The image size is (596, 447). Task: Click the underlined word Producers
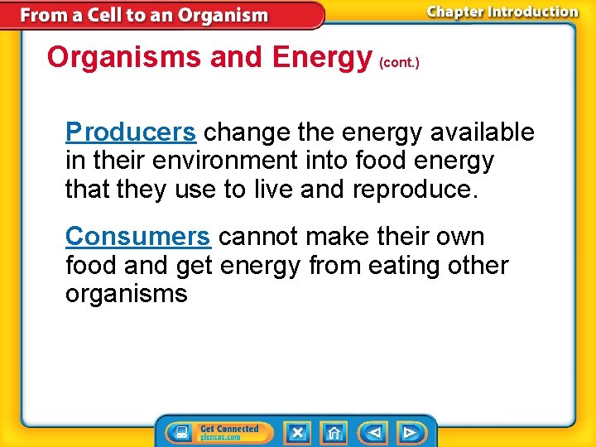pyautogui.click(x=131, y=132)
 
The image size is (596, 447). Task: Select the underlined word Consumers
pyautogui.click(x=137, y=237)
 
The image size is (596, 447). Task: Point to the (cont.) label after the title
pyautogui.click(x=399, y=62)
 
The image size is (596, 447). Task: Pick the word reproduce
pyautogui.click(x=411, y=190)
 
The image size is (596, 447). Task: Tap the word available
pyautogui.click(x=483, y=132)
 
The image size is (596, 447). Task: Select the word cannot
pyautogui.click(x=258, y=237)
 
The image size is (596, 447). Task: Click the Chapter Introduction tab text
pyautogui.click(x=502, y=12)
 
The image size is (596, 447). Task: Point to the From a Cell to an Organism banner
pyautogui.click(x=145, y=15)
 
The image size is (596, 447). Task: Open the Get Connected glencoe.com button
pyautogui.click(x=219, y=433)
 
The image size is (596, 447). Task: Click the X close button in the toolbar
pyautogui.click(x=298, y=433)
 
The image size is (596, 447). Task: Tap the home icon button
pyautogui.click(x=334, y=433)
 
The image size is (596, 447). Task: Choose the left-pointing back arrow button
pyautogui.click(x=374, y=433)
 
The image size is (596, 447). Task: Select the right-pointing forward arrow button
pyautogui.click(x=409, y=433)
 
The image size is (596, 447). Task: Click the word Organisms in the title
pyautogui.click(x=124, y=57)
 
